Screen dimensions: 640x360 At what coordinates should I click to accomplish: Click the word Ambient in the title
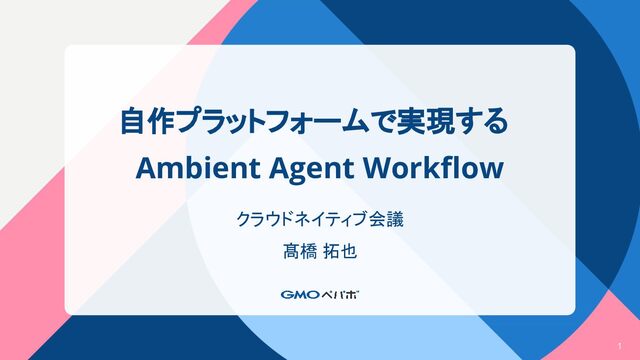(x=198, y=168)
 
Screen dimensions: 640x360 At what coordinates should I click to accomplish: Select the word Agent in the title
(x=311, y=169)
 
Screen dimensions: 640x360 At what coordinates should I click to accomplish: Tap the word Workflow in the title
(x=433, y=167)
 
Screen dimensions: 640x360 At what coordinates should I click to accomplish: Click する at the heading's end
(x=481, y=121)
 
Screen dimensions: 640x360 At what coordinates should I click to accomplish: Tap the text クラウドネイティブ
(x=302, y=219)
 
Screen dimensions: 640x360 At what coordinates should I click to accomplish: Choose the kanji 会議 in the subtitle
(x=386, y=219)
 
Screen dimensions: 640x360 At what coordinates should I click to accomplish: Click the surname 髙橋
(x=300, y=251)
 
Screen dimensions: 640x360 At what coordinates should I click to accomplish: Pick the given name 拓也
(x=340, y=251)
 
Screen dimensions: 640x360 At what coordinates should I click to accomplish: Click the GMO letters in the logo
(x=300, y=294)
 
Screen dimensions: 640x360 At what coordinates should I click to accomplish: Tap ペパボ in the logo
(x=340, y=294)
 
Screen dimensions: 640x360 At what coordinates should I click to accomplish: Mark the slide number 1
(x=620, y=346)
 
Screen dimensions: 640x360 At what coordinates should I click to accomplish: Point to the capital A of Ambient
(x=146, y=168)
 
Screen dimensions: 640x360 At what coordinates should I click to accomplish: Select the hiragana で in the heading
(x=382, y=121)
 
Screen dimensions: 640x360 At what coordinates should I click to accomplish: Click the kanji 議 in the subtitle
(x=395, y=219)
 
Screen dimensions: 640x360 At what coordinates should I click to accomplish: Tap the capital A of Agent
(x=279, y=168)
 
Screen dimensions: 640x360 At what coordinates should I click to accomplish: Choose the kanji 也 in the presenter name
(x=349, y=251)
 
